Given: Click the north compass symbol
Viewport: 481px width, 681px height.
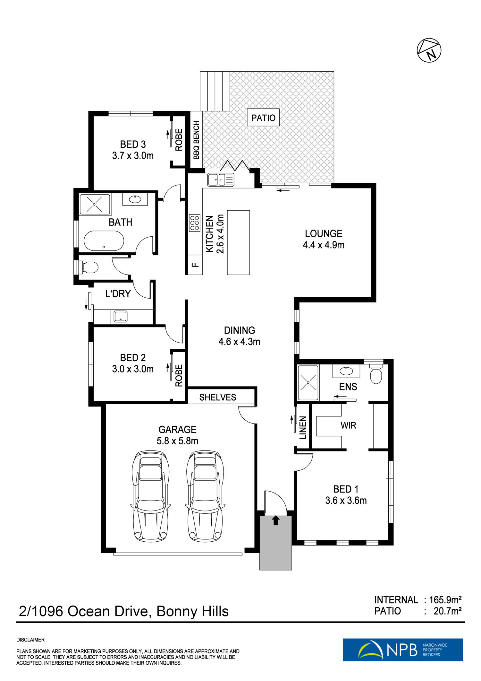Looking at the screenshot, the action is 429,50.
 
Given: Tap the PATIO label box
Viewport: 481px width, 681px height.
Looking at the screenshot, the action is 263,118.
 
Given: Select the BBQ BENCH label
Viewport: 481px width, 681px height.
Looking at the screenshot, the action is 196,140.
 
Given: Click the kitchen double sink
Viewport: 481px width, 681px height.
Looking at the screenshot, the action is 221,179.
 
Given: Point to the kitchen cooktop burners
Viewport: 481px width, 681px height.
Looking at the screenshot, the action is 195,223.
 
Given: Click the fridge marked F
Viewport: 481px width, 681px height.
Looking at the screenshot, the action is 195,265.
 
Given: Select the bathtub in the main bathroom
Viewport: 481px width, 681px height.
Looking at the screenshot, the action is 104,241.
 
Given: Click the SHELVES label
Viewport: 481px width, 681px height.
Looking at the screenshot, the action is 217,397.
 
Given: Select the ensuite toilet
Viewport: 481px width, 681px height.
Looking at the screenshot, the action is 376,373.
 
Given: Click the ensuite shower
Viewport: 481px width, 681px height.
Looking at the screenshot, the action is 308,382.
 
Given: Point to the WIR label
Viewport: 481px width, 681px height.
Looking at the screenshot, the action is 348,425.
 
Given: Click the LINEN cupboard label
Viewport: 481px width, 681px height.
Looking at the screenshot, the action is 303,428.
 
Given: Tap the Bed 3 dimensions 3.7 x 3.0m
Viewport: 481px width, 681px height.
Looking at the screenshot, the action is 133,156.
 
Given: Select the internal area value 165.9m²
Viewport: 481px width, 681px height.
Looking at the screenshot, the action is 445,599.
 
